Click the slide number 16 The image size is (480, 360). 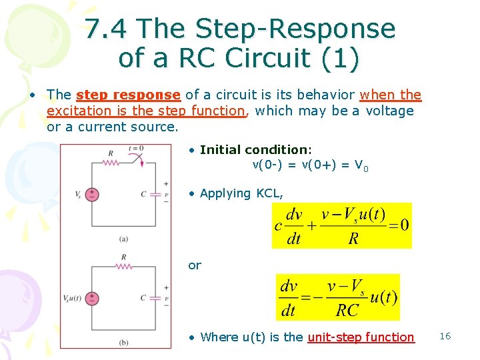(x=445, y=336)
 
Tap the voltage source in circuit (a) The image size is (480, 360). (x=92, y=194)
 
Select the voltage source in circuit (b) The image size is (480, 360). (x=92, y=297)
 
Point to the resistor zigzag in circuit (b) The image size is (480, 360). (x=123, y=265)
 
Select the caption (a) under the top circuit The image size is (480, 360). (x=123, y=238)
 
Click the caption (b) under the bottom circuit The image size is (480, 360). (x=123, y=342)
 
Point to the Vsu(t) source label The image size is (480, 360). (x=73, y=298)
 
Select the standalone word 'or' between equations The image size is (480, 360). (x=194, y=265)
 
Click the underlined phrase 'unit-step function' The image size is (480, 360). (x=361, y=337)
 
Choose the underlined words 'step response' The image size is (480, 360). (x=128, y=95)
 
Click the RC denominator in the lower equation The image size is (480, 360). (x=347, y=310)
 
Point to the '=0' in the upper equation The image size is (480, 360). (x=400, y=225)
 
